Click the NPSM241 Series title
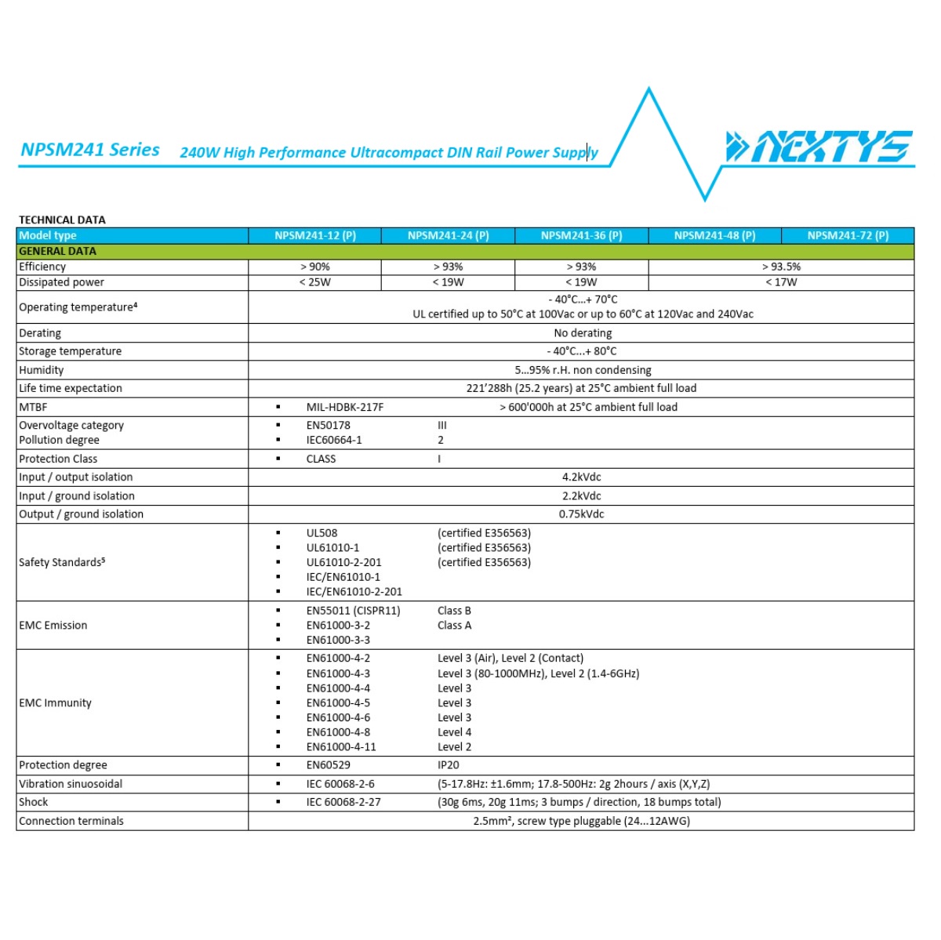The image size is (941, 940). coord(90,150)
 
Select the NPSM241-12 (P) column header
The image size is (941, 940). coord(315,235)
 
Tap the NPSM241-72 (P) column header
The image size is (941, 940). coord(848,235)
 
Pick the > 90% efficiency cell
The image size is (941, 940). coord(315,267)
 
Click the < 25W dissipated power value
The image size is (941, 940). coord(315,282)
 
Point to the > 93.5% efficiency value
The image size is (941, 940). coord(781,267)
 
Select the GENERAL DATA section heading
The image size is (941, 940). coord(58,251)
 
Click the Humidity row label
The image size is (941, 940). coord(42,370)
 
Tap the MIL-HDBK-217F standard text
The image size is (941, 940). coord(345,407)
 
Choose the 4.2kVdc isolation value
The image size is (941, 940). coord(582,477)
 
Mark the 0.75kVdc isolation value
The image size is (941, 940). coord(582,514)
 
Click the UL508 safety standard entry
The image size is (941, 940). coord(322,533)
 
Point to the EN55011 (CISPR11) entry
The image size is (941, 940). coord(354,611)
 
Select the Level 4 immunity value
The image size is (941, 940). coord(455,732)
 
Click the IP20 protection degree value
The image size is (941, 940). coord(449,765)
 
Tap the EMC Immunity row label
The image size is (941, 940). coord(55,703)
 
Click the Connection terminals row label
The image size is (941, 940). coord(71,821)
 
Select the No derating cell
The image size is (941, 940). coord(583,333)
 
